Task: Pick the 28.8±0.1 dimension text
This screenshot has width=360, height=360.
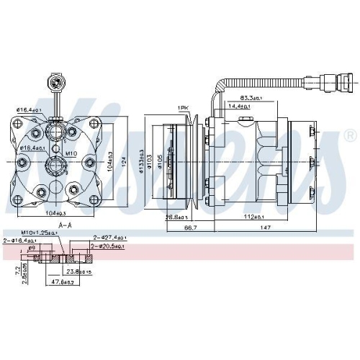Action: pyautogui.click(x=176, y=217)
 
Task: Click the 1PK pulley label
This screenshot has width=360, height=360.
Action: pyautogui.click(x=183, y=108)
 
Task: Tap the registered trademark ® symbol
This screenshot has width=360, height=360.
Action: pyautogui.click(x=350, y=135)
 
